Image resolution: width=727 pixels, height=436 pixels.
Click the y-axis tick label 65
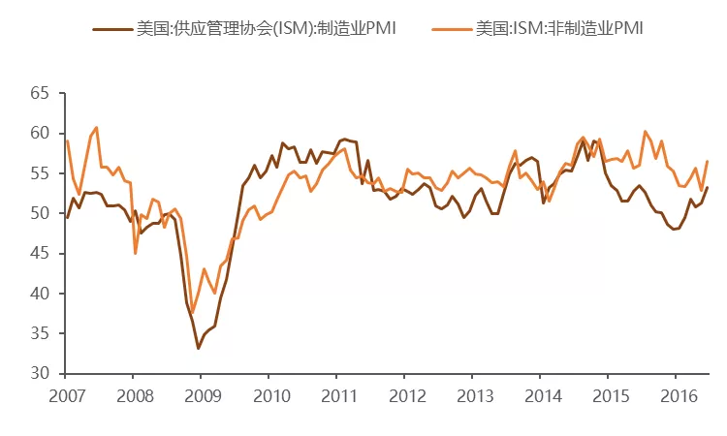[x=40, y=93]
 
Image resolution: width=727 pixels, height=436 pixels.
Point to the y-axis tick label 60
[x=40, y=133]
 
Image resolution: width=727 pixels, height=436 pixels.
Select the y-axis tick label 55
[x=40, y=173]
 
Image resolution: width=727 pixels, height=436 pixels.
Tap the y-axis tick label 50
[x=40, y=213]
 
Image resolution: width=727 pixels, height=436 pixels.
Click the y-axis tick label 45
[x=40, y=254]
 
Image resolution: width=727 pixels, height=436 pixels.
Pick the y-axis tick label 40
[x=40, y=294]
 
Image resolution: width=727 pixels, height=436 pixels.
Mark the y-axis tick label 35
[x=40, y=333]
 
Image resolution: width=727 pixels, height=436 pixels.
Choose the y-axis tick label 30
[x=40, y=373]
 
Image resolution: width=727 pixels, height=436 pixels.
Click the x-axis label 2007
[x=67, y=396]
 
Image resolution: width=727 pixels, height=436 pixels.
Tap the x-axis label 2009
[x=203, y=396]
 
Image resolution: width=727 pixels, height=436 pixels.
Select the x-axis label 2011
[x=339, y=396]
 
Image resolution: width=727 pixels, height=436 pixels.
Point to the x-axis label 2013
[x=475, y=396]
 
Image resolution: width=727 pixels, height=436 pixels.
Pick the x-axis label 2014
[x=543, y=396]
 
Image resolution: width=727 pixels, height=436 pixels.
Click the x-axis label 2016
[x=679, y=396]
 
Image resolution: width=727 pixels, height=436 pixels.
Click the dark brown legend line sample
[x=112, y=29]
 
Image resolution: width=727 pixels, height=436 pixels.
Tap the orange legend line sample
[x=452, y=29]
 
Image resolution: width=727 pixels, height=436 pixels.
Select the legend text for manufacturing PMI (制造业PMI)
[x=267, y=29]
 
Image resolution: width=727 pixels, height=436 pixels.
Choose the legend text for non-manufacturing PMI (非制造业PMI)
[x=559, y=29]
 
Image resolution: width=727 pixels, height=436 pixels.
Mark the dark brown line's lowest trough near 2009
[x=199, y=349]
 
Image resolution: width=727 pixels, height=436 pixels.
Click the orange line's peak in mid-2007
[x=96, y=127]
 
